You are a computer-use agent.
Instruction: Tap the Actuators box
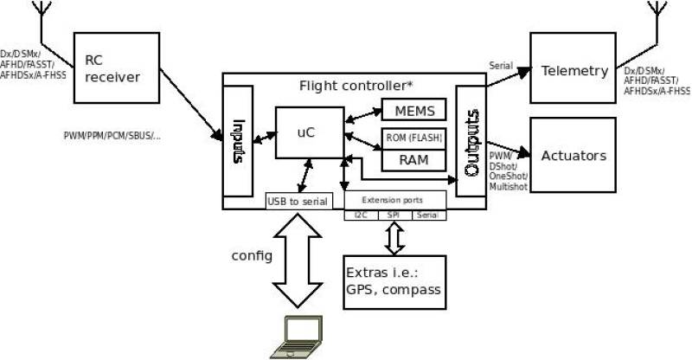click(573, 156)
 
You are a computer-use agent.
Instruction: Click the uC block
click(309, 132)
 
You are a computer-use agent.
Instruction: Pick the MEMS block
click(414, 110)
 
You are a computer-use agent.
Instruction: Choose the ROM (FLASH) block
click(414, 138)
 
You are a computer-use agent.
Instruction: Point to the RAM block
click(414, 159)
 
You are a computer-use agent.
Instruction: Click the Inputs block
click(237, 140)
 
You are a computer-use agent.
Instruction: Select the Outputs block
click(471, 141)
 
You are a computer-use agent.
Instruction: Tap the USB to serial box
click(298, 201)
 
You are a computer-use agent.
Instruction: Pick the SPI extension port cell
click(394, 215)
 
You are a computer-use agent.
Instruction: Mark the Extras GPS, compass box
click(394, 282)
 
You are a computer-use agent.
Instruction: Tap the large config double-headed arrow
click(297, 260)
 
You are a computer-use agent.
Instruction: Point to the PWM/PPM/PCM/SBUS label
click(112, 137)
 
